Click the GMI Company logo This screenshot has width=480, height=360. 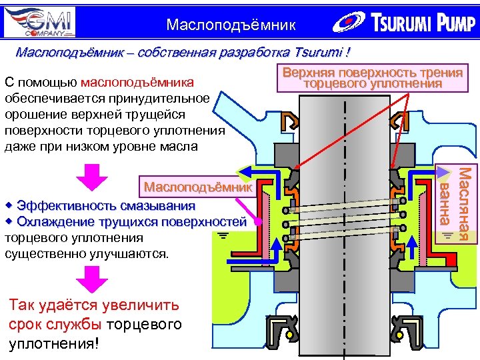[39, 21]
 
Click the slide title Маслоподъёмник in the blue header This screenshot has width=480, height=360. [231, 25]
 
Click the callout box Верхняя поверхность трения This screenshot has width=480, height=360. [373, 78]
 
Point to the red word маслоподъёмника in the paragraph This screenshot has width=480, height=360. [137, 83]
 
